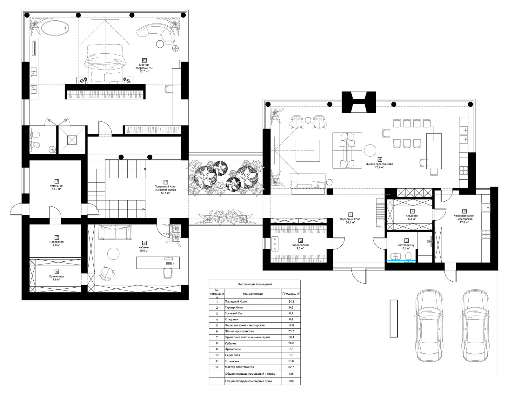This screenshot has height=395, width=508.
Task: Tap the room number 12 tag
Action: click(x=144, y=61)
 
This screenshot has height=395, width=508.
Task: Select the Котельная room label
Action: click(x=56, y=186)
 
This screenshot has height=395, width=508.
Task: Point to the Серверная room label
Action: click(x=56, y=242)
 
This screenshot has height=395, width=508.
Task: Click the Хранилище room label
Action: click(x=56, y=276)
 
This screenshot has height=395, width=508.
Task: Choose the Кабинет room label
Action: click(x=144, y=247)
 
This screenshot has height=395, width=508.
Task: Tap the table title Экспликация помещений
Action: click(x=255, y=284)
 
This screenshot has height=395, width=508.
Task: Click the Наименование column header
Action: click(x=253, y=294)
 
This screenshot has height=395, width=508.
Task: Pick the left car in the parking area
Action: click(x=429, y=326)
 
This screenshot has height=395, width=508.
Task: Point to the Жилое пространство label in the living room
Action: click(x=379, y=164)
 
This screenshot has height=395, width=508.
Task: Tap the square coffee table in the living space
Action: click(x=308, y=151)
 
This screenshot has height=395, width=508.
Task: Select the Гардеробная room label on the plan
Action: click(x=300, y=245)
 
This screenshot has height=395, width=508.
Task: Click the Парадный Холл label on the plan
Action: click(x=350, y=219)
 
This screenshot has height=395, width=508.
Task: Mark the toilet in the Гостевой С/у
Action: click(x=408, y=256)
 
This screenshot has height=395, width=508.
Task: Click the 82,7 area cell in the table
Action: click(x=291, y=367)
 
